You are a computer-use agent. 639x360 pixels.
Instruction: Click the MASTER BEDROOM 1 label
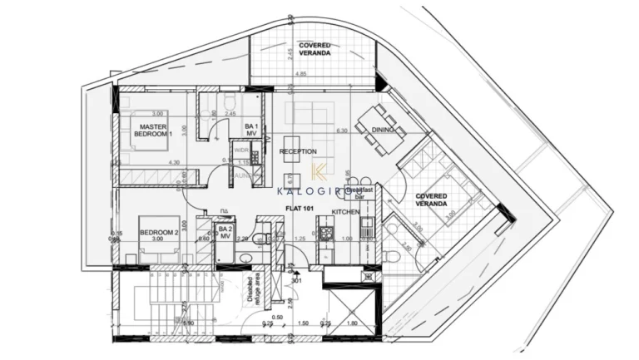pos(154,129)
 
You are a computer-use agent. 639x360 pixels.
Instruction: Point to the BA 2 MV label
pos(224,232)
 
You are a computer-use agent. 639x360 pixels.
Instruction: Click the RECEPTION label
pos(298,151)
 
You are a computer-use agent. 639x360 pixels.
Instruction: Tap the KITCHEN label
pos(345,213)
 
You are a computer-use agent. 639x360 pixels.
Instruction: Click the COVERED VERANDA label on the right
pos(431,200)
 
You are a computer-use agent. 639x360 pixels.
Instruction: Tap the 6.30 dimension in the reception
pos(340,131)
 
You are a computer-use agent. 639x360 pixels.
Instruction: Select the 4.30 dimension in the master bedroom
pos(174,163)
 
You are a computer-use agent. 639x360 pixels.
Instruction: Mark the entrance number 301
pos(297,280)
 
